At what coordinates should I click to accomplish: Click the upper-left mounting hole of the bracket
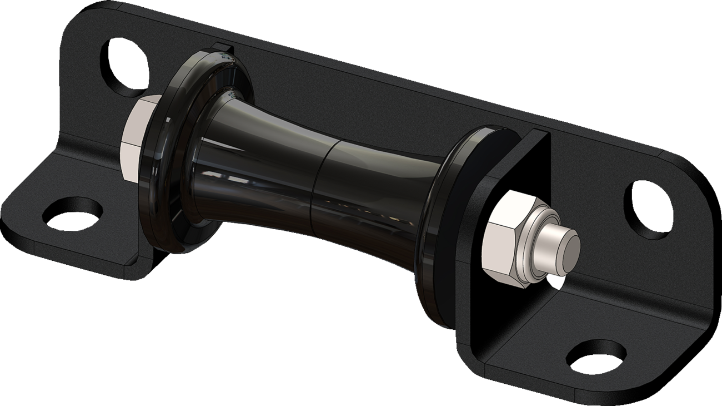pyautogui.click(x=123, y=65)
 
